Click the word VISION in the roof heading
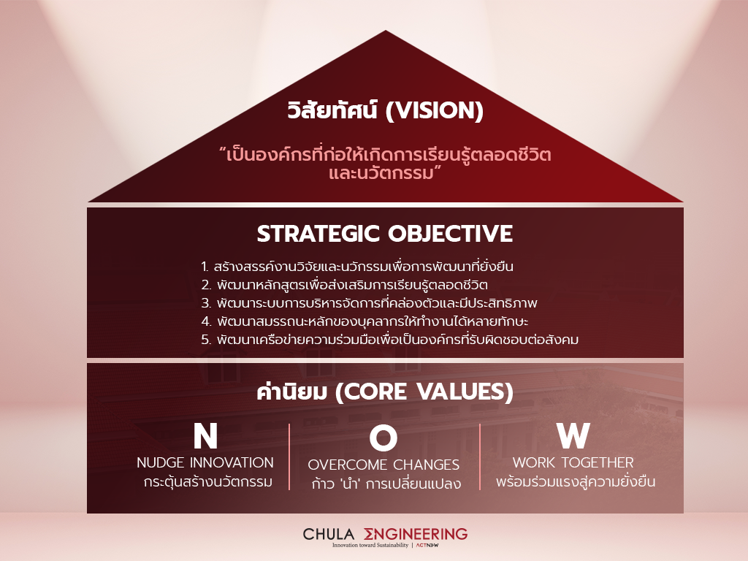tap(434, 111)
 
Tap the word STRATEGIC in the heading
tap(318, 234)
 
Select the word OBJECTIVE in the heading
tap(450, 234)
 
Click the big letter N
tap(205, 436)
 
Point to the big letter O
tap(383, 438)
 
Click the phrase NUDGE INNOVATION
tap(205, 462)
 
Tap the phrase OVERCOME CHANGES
tap(383, 465)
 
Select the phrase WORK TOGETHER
tap(573, 462)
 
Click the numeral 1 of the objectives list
tap(205, 267)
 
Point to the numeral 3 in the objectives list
tap(206, 303)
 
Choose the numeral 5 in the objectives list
tap(206, 340)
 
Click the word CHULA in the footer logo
tap(329, 534)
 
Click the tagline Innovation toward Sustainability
tap(370, 545)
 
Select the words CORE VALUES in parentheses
tap(424, 392)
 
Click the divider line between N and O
tap(289, 457)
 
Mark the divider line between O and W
tap(479, 457)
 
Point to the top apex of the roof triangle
tap(386, 31)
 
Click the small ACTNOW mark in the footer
tap(427, 545)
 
